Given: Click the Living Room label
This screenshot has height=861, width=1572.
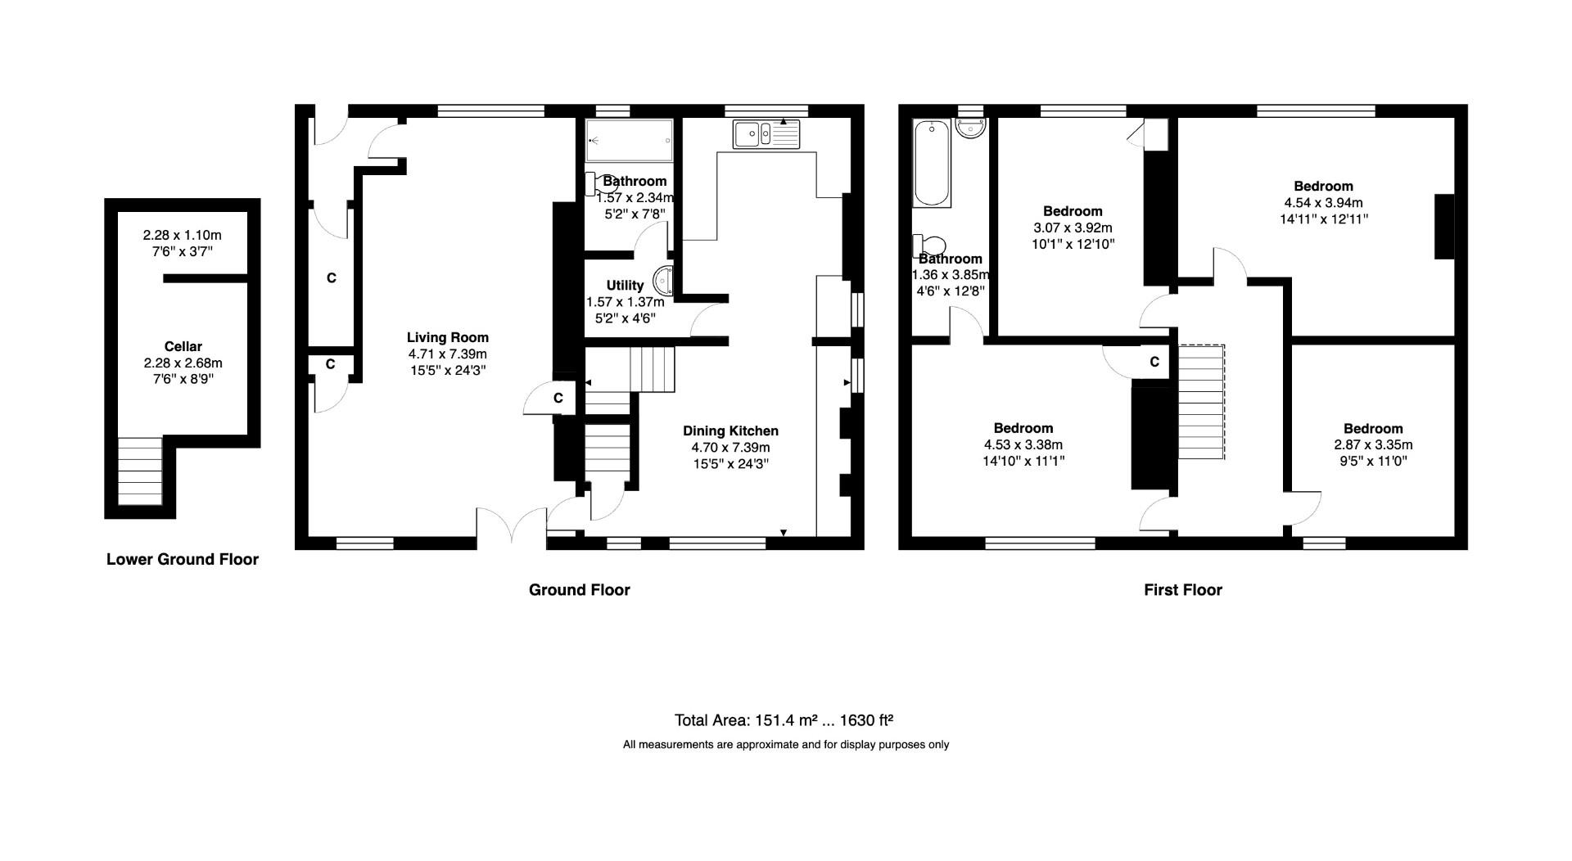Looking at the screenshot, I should coord(447,337).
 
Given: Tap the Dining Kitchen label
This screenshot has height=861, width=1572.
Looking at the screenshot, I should coord(730,430).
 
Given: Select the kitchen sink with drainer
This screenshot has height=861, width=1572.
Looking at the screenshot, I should coord(766,133).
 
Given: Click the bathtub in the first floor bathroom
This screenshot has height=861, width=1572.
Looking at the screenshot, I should coord(932,163).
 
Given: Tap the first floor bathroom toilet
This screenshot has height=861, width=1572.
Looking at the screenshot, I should coord(930,246).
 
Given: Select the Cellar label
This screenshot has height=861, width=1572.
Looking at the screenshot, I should coord(183,346).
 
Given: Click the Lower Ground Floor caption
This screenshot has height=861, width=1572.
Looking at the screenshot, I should coord(183,559).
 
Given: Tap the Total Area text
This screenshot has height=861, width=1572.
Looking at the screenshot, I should coord(783,720).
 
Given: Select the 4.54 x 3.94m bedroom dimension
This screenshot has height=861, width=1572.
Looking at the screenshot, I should coord(1323,203).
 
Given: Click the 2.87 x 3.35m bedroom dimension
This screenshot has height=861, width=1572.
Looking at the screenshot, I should coord(1373,445).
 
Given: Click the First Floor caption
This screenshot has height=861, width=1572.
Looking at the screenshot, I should coord(1182,589).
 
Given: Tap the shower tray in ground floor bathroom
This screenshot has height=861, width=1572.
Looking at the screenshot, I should coord(629,141).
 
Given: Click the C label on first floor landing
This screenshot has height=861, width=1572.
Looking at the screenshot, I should coord(1154,362).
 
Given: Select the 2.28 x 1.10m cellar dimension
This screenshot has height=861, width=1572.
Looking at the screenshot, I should coord(182,235).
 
